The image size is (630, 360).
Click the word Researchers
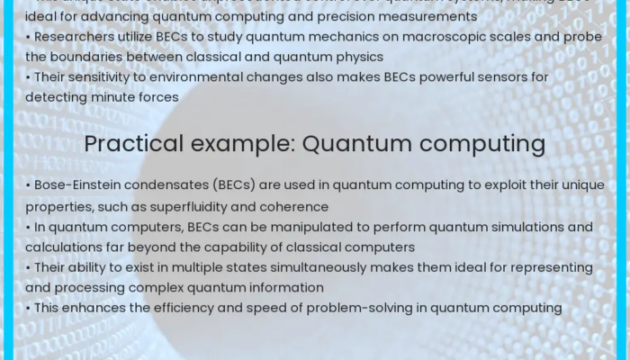(70, 38)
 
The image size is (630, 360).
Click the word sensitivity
(103, 77)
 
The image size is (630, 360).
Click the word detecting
(57, 97)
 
